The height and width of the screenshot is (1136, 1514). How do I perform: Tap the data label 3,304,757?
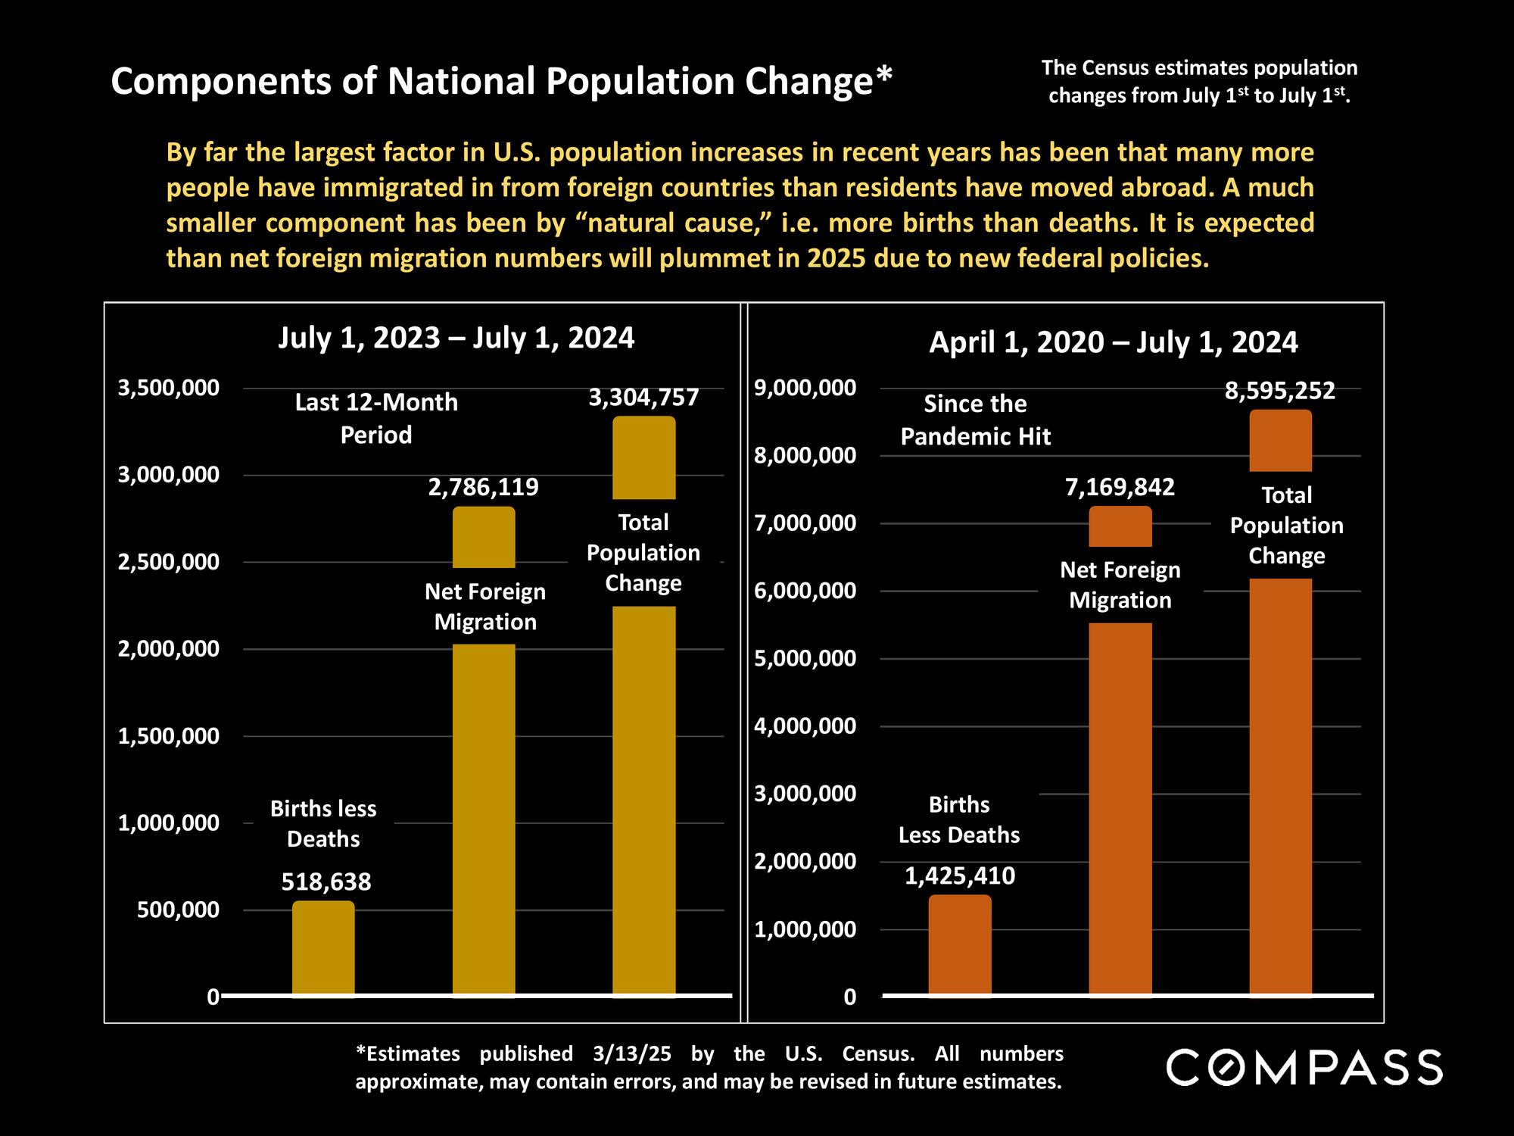pos(643,398)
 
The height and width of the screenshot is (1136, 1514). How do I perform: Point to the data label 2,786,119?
pos(483,487)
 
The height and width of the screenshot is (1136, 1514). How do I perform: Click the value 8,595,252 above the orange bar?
pos(1280,391)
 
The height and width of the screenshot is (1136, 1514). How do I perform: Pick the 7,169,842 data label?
pos(1120,487)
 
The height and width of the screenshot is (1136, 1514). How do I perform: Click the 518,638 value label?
pos(326,882)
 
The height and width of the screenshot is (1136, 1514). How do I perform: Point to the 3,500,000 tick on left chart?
pos(169,388)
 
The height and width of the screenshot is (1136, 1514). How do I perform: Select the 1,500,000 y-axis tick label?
pos(169,736)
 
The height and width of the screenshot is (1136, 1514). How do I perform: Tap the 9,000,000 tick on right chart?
pos(805,388)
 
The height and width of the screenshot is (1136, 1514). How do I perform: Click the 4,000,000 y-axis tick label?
pos(805,726)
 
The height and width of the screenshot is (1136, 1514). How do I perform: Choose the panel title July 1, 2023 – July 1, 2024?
pos(456,338)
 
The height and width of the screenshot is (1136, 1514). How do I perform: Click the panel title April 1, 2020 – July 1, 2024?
pos(1113,342)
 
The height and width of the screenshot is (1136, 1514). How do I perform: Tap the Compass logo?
pos(1304,1067)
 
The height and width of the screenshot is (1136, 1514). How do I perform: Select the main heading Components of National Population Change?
pos(501,81)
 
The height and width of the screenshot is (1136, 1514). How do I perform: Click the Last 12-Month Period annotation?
pos(376,418)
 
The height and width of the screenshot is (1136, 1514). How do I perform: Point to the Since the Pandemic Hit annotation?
pos(975,420)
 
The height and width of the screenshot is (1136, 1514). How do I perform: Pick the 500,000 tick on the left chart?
pos(178,910)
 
